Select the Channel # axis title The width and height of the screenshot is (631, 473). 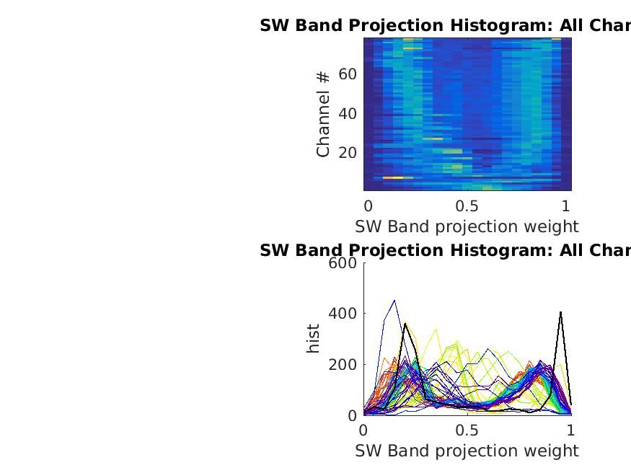tap(323, 113)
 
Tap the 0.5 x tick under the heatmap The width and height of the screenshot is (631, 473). tap(467, 205)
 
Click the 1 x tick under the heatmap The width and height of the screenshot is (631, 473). tap(566, 205)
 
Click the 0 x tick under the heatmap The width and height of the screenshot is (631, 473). tap(368, 205)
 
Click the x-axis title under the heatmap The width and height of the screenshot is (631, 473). tap(467, 226)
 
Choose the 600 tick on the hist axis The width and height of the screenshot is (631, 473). tap(343, 263)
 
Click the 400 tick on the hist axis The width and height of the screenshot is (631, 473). tap(343, 314)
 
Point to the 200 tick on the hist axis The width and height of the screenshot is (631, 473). tap(343, 364)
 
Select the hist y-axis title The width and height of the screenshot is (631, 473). tap(313, 339)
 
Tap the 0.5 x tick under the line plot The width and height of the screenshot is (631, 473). tap(467, 430)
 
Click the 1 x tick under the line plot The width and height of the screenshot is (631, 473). tap(570, 430)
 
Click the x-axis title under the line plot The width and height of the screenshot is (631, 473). tap(467, 451)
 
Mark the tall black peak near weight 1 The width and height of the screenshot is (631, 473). tap(560, 312)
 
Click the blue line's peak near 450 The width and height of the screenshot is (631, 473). tap(394, 301)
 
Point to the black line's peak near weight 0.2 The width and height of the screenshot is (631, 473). tap(405, 324)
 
